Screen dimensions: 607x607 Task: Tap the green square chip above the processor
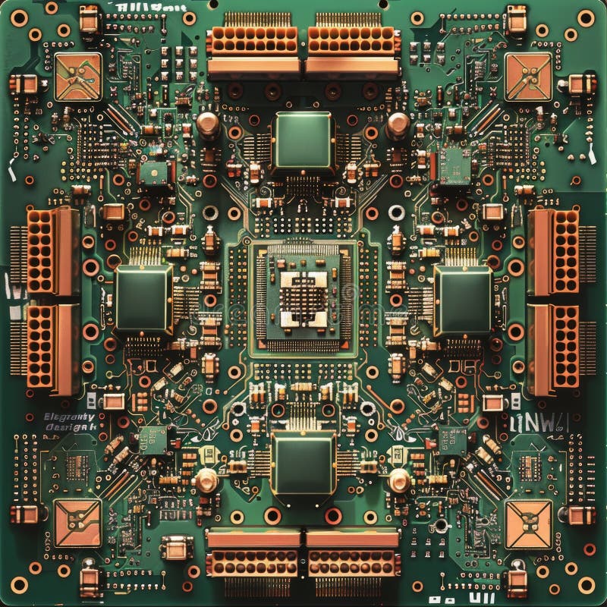(303, 140)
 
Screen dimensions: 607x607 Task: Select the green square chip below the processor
(303, 463)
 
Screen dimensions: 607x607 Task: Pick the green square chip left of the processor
(143, 297)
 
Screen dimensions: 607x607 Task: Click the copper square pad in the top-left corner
(78, 77)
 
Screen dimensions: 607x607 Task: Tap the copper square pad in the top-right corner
(528, 77)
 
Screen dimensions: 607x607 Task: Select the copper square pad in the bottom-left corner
(77, 523)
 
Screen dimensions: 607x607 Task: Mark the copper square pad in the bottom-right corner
(528, 524)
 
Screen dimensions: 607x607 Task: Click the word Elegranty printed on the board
(69, 417)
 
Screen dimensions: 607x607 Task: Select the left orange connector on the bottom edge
(254, 554)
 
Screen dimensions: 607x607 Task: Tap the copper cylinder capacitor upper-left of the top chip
(208, 123)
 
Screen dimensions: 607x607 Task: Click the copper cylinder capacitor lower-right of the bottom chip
(399, 480)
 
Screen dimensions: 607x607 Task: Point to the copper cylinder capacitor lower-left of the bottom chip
(206, 480)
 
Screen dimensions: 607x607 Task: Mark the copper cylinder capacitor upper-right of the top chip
(398, 123)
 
